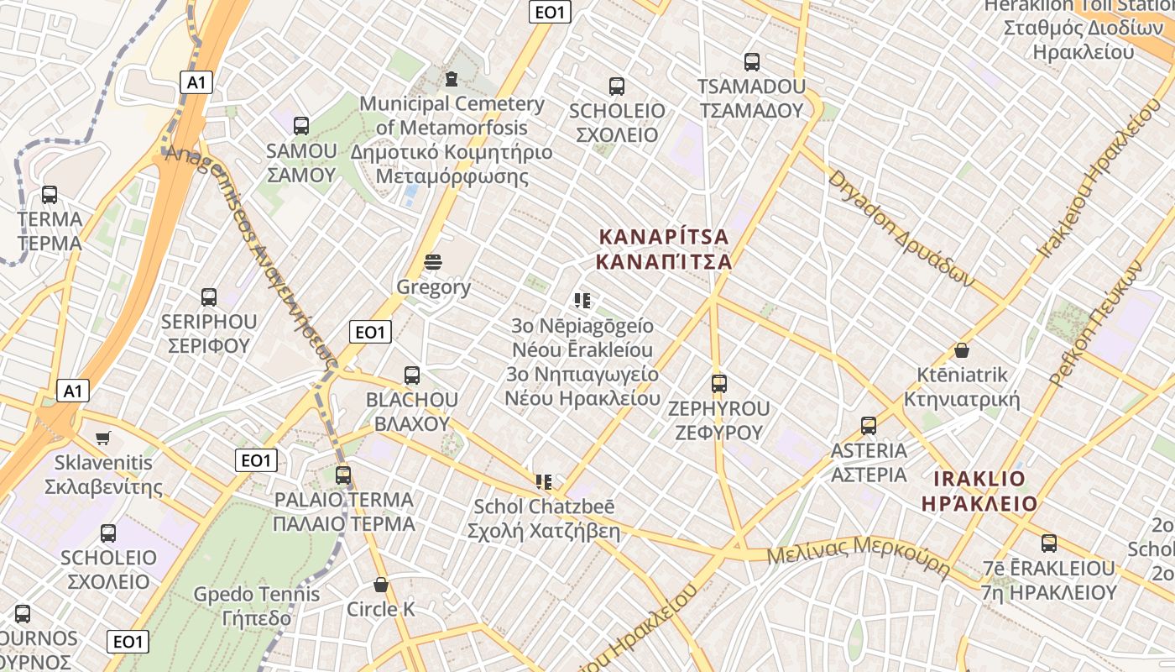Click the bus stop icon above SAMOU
click(x=301, y=126)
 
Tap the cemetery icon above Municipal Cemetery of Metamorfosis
click(x=452, y=79)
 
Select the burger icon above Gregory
click(x=433, y=262)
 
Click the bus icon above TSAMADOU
click(x=752, y=61)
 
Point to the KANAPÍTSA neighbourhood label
click(x=663, y=249)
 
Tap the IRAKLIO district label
click(x=979, y=491)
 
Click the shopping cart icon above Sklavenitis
click(x=103, y=438)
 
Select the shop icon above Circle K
click(x=381, y=585)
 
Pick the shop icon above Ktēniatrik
click(x=962, y=350)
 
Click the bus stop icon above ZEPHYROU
click(x=719, y=384)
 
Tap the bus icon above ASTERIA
click(x=869, y=426)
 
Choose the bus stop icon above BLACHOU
click(x=412, y=375)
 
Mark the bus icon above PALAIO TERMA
click(x=343, y=475)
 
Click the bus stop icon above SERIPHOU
click(x=209, y=297)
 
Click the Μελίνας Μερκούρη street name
click(x=858, y=555)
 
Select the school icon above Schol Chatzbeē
click(x=544, y=482)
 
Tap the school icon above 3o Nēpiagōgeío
click(x=582, y=300)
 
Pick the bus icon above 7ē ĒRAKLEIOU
click(x=1049, y=543)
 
